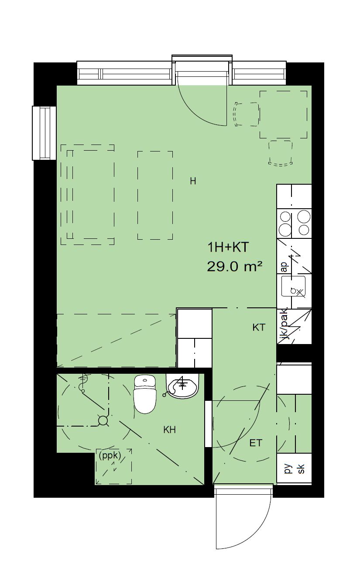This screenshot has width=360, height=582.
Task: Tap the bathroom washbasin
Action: click(182, 386)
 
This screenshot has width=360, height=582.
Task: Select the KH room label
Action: click(169, 430)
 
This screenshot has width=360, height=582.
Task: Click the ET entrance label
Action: click(256, 443)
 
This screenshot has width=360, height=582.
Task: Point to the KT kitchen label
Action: click(259, 327)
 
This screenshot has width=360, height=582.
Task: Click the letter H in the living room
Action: click(193, 181)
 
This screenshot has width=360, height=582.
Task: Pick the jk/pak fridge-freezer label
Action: click(283, 325)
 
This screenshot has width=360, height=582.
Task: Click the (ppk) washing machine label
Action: click(110, 456)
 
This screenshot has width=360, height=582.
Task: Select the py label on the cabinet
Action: click(288, 469)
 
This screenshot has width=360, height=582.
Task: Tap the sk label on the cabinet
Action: click(301, 469)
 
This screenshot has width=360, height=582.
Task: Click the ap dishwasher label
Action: click(285, 267)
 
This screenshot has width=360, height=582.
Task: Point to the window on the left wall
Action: click(44, 133)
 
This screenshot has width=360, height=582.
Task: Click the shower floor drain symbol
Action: click(103, 420)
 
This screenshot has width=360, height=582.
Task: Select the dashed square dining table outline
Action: click(283, 114)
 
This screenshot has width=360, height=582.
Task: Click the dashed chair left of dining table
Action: click(247, 114)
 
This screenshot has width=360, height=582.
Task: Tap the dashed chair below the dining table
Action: click(280, 152)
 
